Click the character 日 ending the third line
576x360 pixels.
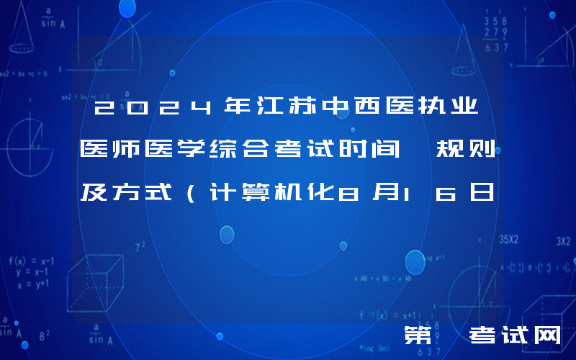480,192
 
